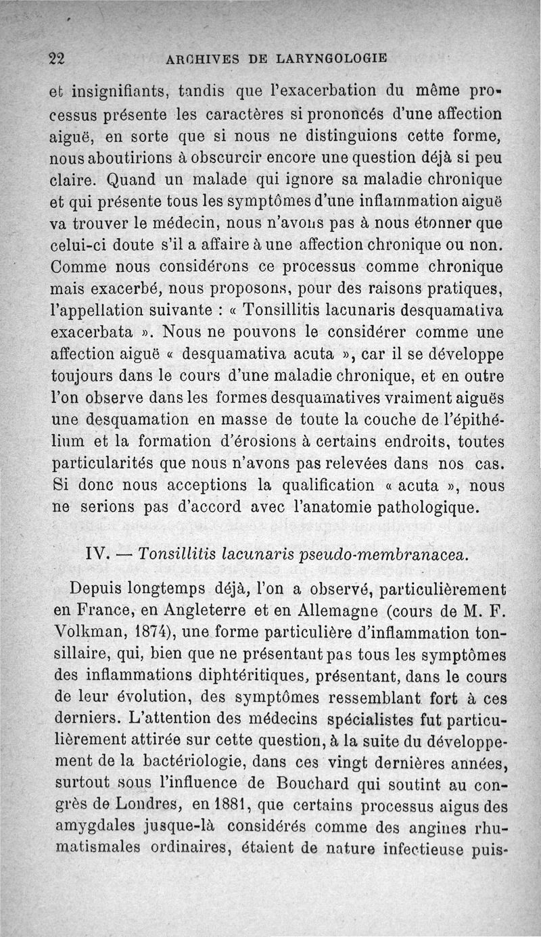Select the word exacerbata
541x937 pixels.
[x=88, y=333]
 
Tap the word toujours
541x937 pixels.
[x=84, y=377]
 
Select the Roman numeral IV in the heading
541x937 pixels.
[x=94, y=554]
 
